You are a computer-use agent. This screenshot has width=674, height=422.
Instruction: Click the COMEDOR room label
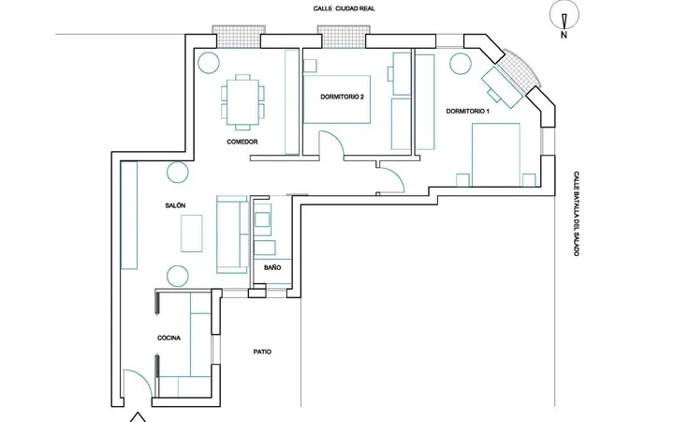pyautogui.click(x=242, y=142)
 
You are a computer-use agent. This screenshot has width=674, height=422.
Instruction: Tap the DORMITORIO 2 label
pyautogui.click(x=343, y=97)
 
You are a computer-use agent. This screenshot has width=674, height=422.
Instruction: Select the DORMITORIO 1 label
pyautogui.click(x=468, y=111)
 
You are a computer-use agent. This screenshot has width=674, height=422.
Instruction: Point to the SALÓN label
pyautogui.click(x=175, y=205)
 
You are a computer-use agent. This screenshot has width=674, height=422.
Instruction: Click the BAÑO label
pyautogui.click(x=272, y=267)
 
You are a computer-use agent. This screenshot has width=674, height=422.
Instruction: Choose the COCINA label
pyautogui.click(x=168, y=338)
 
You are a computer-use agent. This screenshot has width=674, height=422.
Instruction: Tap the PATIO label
pyautogui.click(x=262, y=352)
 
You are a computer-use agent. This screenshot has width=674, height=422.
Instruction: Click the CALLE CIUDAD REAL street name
pyautogui.click(x=344, y=8)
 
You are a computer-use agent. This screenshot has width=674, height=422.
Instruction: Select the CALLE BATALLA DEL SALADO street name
pyautogui.click(x=577, y=214)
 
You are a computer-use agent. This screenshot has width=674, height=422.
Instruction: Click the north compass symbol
pyautogui.click(x=564, y=20)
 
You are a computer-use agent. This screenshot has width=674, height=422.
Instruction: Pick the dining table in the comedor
pyautogui.click(x=242, y=102)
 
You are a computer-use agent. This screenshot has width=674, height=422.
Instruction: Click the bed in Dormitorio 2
pyautogui.click(x=337, y=99)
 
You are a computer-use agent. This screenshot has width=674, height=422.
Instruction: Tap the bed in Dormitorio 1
pyautogui.click(x=496, y=155)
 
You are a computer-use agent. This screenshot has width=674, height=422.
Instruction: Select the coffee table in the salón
pyautogui.click(x=192, y=234)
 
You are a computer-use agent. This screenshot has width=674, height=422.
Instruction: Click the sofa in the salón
pyautogui.click(x=232, y=234)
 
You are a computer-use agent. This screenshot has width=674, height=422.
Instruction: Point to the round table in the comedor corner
pyautogui.click(x=209, y=62)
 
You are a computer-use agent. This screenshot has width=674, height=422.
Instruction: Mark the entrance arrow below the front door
pyautogui.click(x=138, y=417)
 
